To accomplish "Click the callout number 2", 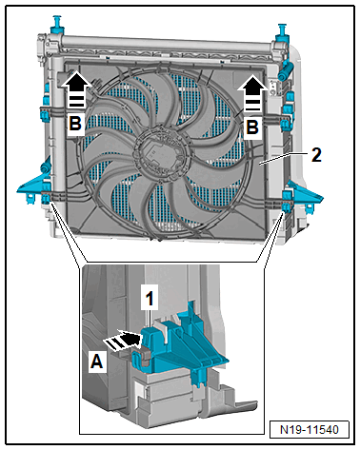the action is tap(316, 155).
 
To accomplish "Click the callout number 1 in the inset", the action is tap(150, 299).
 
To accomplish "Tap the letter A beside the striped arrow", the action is tap(97, 362).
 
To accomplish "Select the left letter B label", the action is tap(75, 123).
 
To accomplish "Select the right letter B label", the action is tap(252, 127).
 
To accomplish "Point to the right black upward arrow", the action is tap(252, 93).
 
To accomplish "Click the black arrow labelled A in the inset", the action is tap(122, 341).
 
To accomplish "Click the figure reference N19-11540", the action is tap(310, 429).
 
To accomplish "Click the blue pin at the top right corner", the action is tap(282, 32).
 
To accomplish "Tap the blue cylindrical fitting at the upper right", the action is tap(285, 71).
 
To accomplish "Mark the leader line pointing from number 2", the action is tap(283, 158).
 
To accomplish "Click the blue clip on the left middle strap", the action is tap(45, 114).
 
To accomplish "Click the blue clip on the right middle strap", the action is tap(287, 123).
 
